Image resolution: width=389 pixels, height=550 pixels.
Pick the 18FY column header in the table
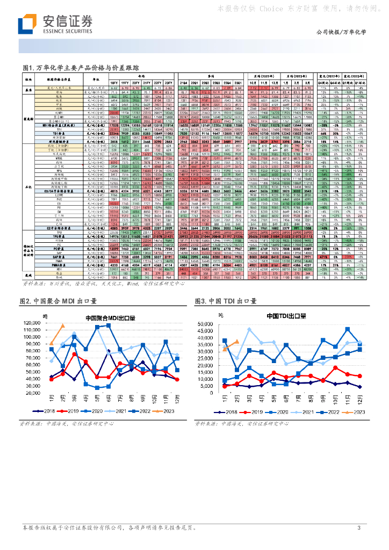[x=114, y=82]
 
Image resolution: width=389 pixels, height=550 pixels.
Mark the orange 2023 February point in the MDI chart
[x=62, y=326]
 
